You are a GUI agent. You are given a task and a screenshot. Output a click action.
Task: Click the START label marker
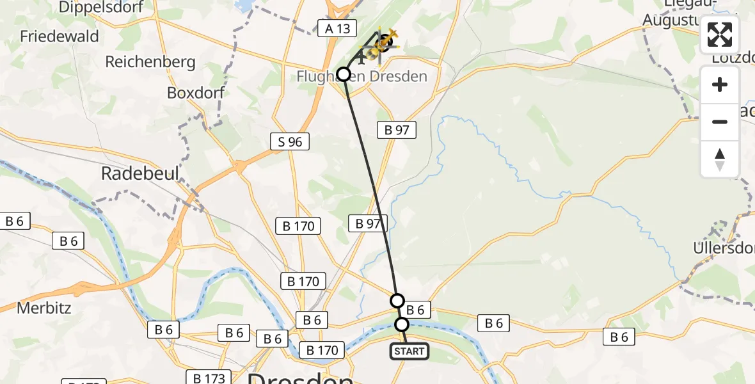409,351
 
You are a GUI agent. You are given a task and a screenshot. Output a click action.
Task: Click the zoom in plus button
720,85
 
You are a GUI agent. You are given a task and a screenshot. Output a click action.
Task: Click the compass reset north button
720,159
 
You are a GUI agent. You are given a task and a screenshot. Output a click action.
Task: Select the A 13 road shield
335,27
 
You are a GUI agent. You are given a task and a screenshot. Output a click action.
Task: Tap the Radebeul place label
140,174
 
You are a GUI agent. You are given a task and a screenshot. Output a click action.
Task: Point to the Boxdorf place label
196,93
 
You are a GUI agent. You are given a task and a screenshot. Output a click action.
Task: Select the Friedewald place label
60,36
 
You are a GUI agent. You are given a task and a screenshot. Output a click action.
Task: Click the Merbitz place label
44,308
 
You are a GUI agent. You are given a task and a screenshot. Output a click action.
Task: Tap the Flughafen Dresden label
362,77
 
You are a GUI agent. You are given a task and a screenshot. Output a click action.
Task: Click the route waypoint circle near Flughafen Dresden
344,74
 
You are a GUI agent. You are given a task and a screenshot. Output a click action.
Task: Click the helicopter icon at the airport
384,43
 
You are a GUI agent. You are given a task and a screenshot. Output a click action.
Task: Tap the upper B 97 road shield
397,130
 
